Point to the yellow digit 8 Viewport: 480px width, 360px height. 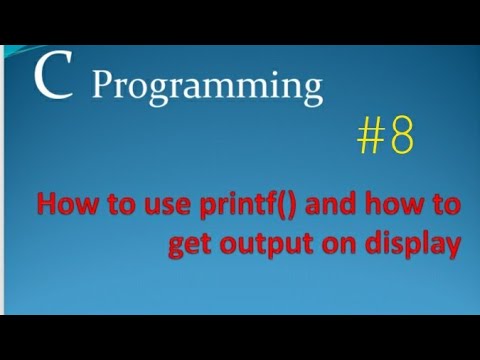pos(400,138)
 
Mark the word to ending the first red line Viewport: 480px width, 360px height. pos(443,208)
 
